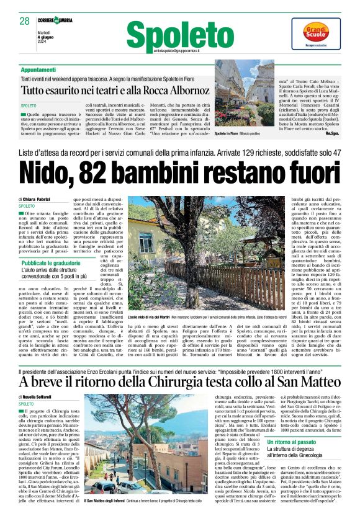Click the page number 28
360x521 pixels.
tap(24, 21)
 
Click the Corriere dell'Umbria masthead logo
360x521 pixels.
tap(62, 20)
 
